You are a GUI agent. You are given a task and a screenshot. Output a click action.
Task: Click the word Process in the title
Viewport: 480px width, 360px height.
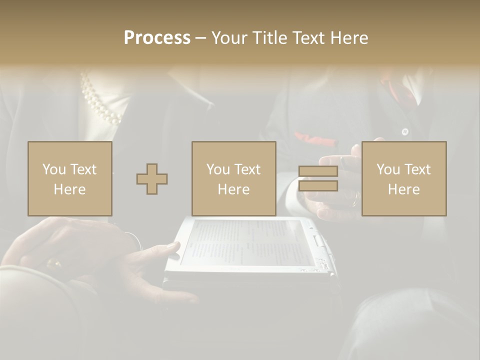pos(157,38)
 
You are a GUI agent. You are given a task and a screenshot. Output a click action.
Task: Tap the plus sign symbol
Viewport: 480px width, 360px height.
pos(152,179)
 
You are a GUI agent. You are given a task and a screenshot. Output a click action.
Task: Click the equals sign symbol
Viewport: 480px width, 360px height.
pos(318,178)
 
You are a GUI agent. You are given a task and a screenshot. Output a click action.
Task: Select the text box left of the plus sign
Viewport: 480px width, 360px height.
pos(70,178)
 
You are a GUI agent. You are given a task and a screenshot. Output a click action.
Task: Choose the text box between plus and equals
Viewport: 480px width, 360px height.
pos(234,178)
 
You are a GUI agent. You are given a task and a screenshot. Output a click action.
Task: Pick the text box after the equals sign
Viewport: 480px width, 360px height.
pos(404,178)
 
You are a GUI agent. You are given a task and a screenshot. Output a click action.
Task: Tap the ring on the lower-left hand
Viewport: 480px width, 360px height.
pos(53,263)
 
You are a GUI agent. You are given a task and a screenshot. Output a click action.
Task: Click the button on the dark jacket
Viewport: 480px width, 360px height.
pos(405,132)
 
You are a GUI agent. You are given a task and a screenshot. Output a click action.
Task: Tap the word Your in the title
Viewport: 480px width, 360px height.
pos(228,38)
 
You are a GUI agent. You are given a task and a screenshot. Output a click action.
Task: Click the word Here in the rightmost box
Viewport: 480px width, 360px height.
pos(404,189)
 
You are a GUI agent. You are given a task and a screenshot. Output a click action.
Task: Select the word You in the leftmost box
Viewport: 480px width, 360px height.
pos(54,169)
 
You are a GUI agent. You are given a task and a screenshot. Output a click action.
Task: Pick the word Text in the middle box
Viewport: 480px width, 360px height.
pos(247,169)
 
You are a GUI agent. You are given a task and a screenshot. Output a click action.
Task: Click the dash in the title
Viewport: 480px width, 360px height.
pos(200,38)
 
